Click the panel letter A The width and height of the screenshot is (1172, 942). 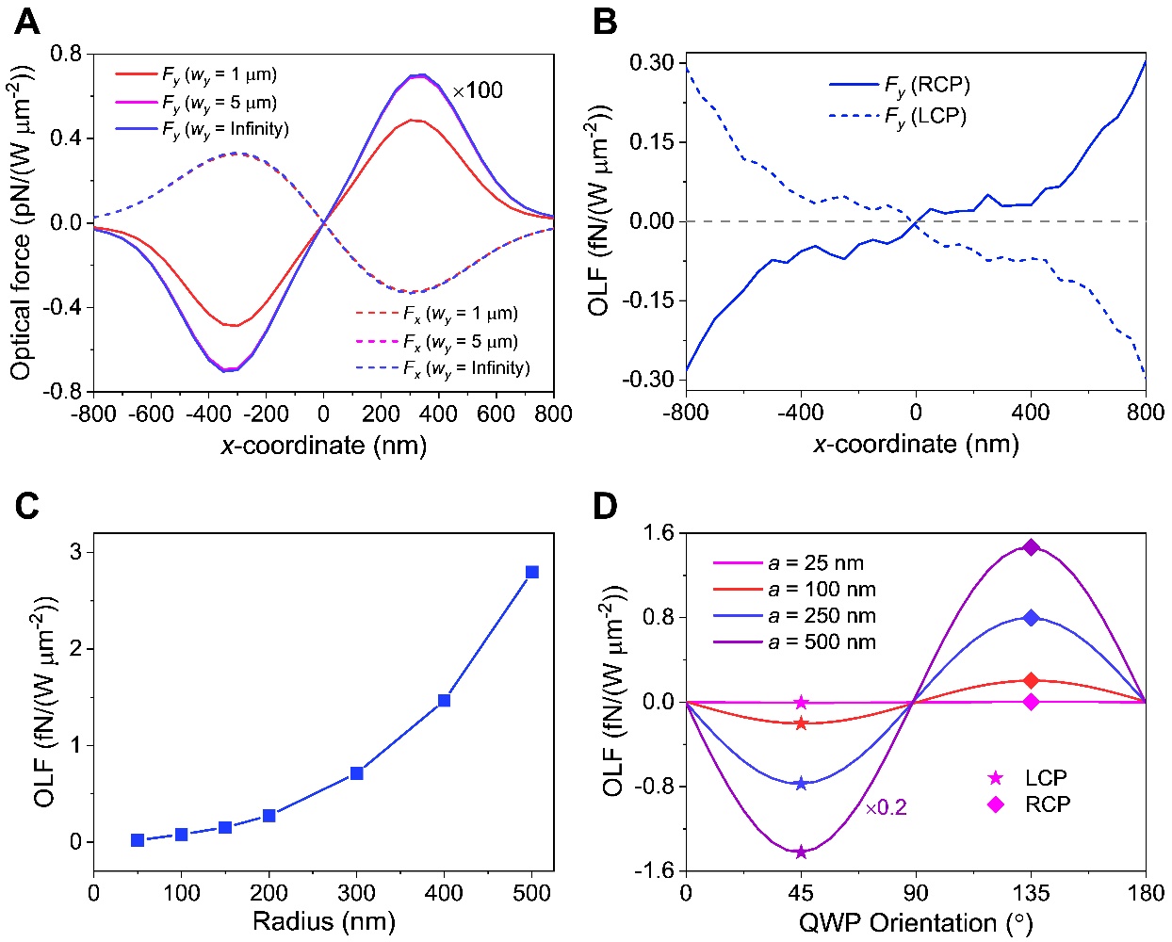coord(27,22)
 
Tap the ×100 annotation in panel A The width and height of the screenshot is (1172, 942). coord(478,91)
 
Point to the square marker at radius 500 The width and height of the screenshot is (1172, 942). coord(532,572)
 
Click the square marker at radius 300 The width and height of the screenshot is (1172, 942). coord(357,773)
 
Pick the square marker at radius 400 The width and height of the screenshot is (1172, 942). coord(444,701)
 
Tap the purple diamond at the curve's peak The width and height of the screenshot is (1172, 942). coord(1031,547)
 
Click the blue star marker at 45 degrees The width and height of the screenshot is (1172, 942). coord(801,784)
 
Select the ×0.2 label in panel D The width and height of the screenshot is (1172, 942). coord(887,808)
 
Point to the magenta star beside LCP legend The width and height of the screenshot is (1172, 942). coord(995,778)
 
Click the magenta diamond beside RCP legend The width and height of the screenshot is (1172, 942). coord(995,804)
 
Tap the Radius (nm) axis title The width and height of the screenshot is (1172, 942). coord(323,921)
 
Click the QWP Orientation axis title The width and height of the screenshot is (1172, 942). coord(915,922)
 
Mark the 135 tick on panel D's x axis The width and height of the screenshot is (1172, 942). coord(1031,893)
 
